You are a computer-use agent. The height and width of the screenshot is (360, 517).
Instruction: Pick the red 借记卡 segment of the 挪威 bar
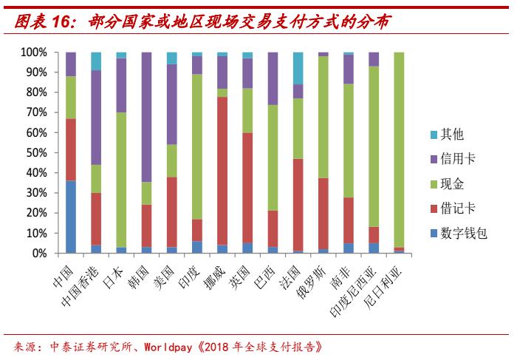pos(222,171)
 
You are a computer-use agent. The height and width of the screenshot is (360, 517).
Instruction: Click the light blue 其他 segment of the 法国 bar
pos(298,68)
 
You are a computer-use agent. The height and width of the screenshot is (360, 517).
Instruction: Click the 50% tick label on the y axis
pos(37,153)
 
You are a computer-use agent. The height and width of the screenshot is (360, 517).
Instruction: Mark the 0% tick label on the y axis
pos(40,253)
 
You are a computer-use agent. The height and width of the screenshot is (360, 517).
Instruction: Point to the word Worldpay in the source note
pos(171,346)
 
